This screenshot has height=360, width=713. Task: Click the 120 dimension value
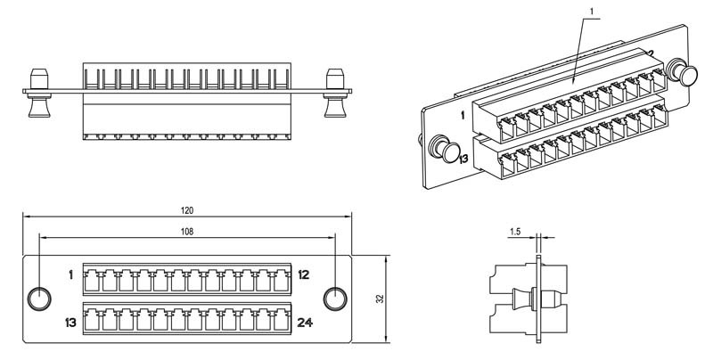pyautogui.click(x=187, y=210)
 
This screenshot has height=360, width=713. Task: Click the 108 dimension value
pyautogui.click(x=187, y=232)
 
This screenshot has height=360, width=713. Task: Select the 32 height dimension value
pyautogui.click(x=381, y=299)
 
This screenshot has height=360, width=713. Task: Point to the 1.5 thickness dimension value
pyautogui.click(x=515, y=232)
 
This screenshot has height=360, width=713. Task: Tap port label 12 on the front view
pyautogui.click(x=304, y=274)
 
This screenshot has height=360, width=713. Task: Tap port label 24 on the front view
pyautogui.click(x=305, y=323)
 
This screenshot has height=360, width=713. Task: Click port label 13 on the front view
pyautogui.click(x=70, y=323)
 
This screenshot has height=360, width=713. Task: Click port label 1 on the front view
pyautogui.click(x=71, y=274)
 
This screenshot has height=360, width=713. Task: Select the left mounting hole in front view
pyautogui.click(x=39, y=299)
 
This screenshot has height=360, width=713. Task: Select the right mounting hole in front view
pyautogui.click(x=335, y=299)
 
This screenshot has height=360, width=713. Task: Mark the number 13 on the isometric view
pyautogui.click(x=463, y=159)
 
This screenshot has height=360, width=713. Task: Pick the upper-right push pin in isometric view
pyautogui.click(x=682, y=72)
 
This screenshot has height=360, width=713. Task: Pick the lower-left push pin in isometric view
pyautogui.click(x=444, y=148)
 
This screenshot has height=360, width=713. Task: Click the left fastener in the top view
pyautogui.click(x=39, y=93)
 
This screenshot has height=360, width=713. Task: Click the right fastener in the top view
pyautogui.click(x=335, y=93)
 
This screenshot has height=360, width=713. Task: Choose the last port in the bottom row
pyautogui.click(x=282, y=321)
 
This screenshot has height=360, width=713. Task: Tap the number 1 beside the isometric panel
pyautogui.click(x=463, y=116)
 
